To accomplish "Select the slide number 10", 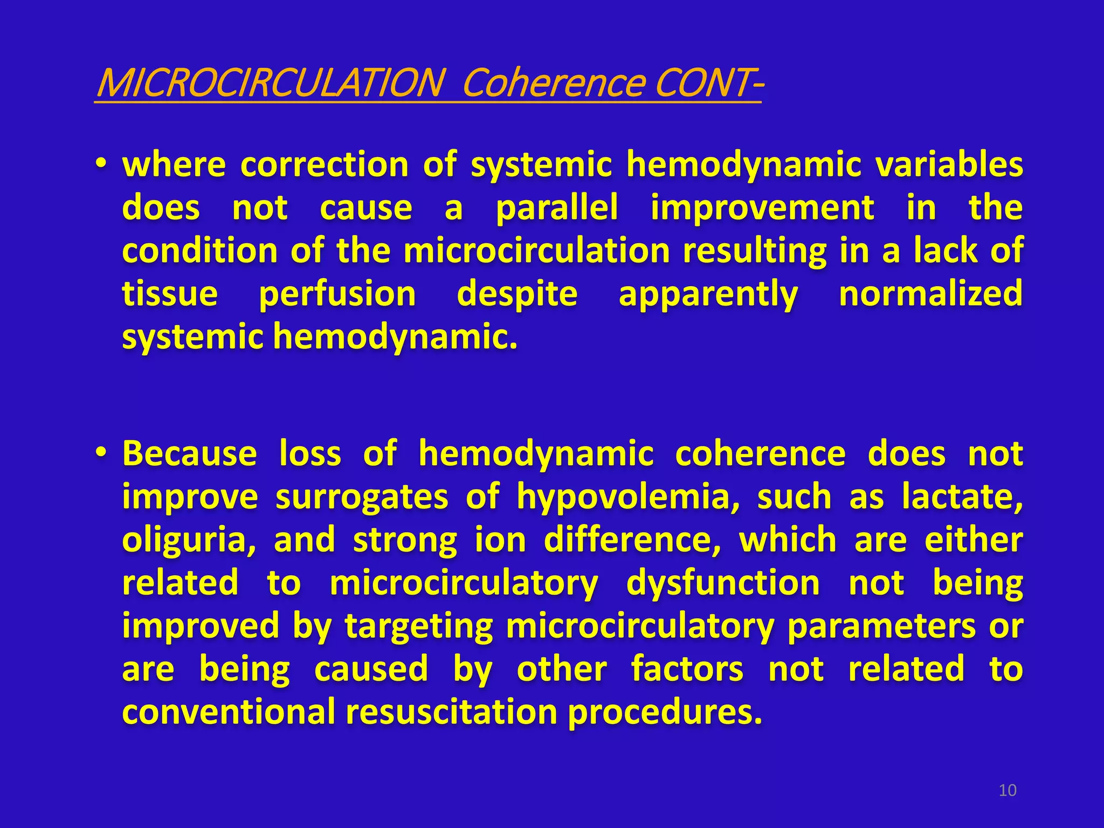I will point(1008,790).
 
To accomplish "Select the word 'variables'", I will point(949,164).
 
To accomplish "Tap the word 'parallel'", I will point(556,208).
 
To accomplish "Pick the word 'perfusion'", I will point(337,295).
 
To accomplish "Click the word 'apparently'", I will point(708,295).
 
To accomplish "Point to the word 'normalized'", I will point(930,294).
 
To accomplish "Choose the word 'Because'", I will point(190,453).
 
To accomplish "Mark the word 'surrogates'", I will point(362,497).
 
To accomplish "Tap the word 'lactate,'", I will point(962,497).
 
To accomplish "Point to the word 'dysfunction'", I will point(723,583).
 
